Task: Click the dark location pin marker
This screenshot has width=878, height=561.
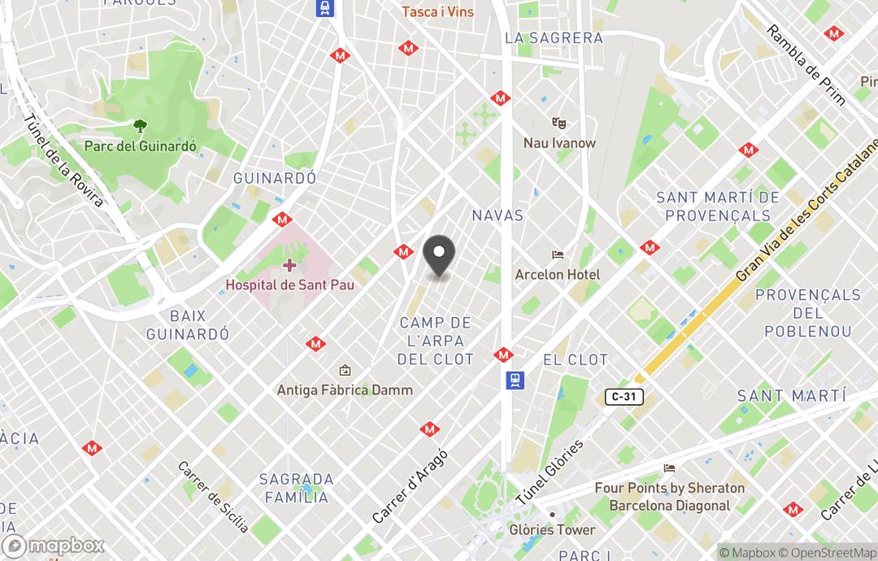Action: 439,255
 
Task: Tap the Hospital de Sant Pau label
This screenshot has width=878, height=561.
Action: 289,285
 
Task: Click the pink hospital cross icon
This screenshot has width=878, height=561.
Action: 289,265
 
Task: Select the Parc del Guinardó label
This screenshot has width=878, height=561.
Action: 141,146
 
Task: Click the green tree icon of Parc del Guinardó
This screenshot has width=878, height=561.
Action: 141,126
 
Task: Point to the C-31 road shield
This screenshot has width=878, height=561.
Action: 624,397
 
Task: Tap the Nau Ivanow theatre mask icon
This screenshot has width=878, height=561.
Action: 559,123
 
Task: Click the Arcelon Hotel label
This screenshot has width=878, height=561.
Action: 558,275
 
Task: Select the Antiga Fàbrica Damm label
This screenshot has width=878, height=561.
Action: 345,389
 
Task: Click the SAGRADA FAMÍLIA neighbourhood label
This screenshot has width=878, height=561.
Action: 296,488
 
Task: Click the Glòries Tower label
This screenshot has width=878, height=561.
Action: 552,530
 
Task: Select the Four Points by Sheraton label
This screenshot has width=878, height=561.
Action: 670,496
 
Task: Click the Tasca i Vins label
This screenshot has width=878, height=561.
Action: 438,11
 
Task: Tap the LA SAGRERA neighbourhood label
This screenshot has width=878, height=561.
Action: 554,37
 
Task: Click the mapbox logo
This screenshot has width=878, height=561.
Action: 54,546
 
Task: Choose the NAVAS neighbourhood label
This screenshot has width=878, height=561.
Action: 498,215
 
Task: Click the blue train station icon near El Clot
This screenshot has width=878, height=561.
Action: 515,380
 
